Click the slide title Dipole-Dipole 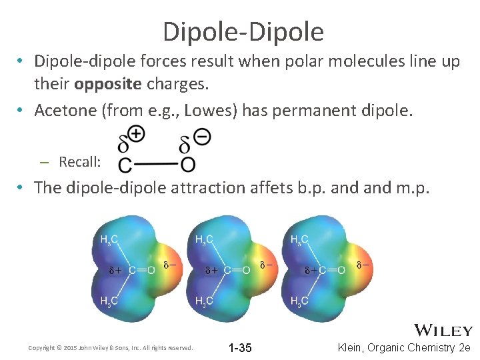click(x=243, y=31)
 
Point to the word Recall click(x=79, y=161)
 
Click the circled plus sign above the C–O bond click(x=137, y=134)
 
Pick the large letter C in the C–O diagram click(x=125, y=164)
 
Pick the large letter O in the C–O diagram click(x=189, y=164)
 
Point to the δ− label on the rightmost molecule click(x=363, y=265)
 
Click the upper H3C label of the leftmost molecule click(x=109, y=239)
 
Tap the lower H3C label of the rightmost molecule click(x=300, y=301)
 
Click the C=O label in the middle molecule click(x=237, y=270)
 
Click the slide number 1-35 click(x=240, y=348)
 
